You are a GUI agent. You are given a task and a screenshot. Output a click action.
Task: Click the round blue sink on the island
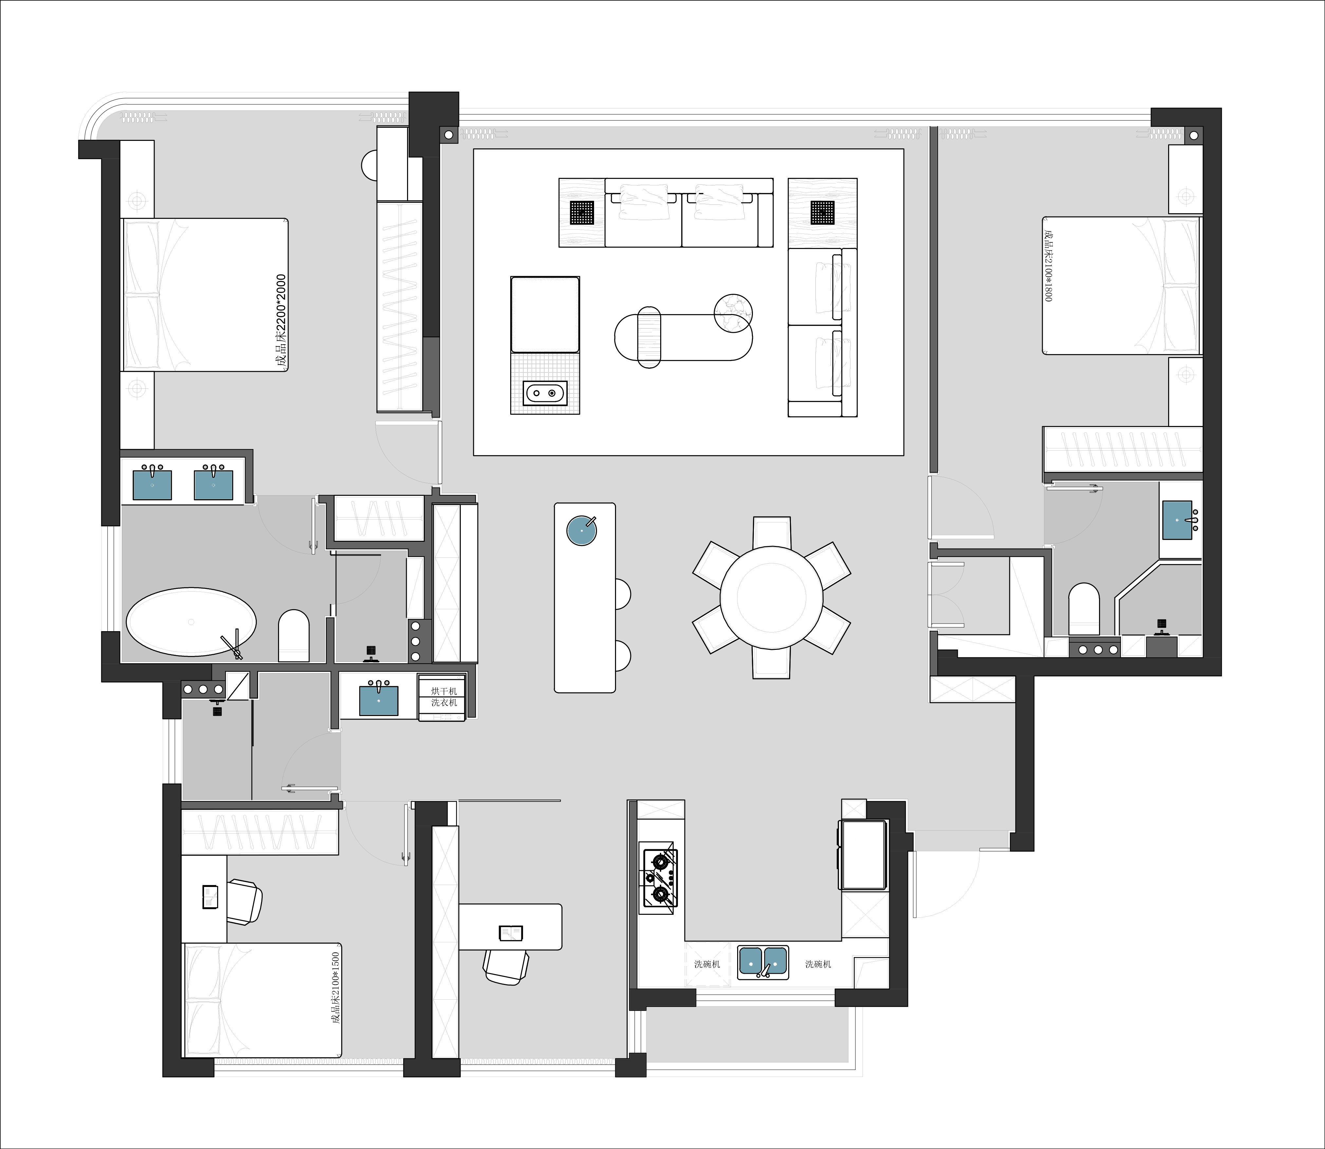tap(581, 530)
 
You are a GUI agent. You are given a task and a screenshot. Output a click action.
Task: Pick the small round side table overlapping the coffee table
tap(733, 313)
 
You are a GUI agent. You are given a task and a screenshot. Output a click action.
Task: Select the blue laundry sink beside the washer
tap(378, 700)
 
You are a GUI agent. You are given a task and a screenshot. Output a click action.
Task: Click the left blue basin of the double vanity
tap(152, 485)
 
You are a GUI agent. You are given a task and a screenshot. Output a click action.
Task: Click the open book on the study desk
tap(511, 933)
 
